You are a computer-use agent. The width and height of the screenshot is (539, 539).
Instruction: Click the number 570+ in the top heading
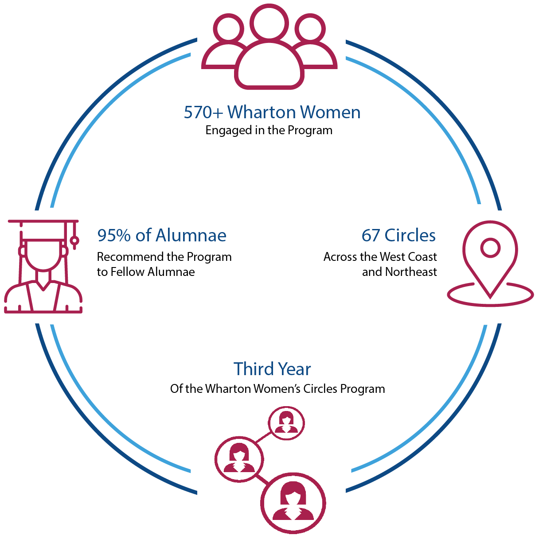pos(203,112)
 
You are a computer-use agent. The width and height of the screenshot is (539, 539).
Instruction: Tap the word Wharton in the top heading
pos(262,112)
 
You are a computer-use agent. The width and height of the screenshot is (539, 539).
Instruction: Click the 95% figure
pos(114,235)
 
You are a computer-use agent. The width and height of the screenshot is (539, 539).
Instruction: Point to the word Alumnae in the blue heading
pos(191,235)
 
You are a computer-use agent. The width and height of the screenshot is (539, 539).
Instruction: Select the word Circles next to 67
pos(410,235)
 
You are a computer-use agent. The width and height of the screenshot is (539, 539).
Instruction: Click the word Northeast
pos(411,272)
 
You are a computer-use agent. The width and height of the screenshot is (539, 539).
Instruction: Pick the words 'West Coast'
pos(409,257)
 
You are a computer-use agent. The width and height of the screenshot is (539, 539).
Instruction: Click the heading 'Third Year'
pos(272,369)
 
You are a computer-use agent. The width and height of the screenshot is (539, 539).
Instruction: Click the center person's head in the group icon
pos(269,23)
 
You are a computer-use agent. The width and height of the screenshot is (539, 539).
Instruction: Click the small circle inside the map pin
pos(490,248)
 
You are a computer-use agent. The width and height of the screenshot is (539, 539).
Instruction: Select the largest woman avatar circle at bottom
pos(293,503)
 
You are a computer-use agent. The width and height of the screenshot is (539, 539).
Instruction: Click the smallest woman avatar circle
pos(286,423)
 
